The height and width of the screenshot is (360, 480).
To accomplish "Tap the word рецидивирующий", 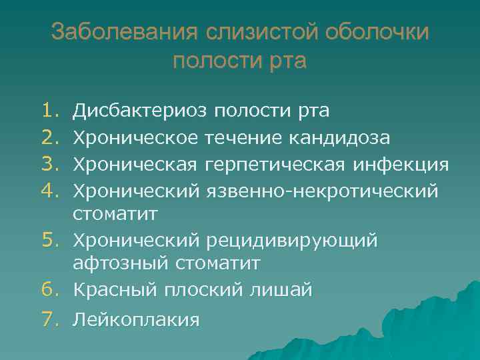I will pyautogui.click(x=292, y=239).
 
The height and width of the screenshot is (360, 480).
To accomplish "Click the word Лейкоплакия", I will pyautogui.click(x=135, y=320).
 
